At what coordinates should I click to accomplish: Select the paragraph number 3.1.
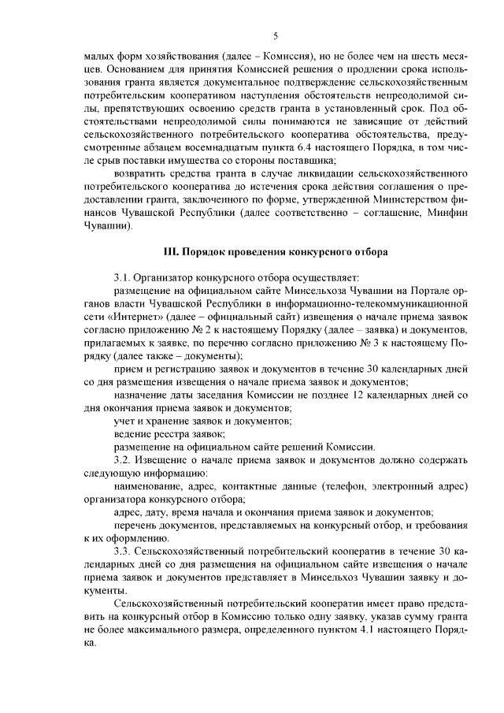(123, 277)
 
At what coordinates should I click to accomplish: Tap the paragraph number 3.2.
(123, 459)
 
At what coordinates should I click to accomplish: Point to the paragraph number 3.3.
(123, 549)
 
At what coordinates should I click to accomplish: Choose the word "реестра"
(156, 433)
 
